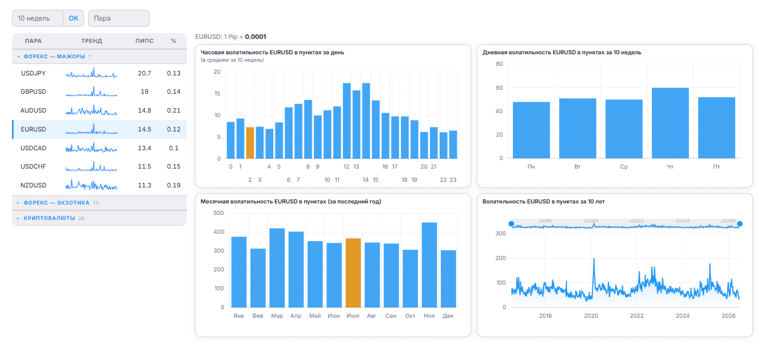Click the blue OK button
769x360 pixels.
pyautogui.click(x=73, y=18)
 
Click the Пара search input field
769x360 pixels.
pyautogui.click(x=119, y=18)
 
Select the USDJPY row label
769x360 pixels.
pyautogui.click(x=33, y=73)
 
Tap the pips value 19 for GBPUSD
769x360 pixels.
pyautogui.click(x=145, y=91)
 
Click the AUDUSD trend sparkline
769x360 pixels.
pyautogui.click(x=91, y=110)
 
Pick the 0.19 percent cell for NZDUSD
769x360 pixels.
pyautogui.click(x=174, y=185)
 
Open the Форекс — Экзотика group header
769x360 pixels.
pyautogui.click(x=56, y=203)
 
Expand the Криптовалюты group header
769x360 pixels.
pyautogui.click(x=49, y=218)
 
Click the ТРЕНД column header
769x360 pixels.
pyautogui.click(x=91, y=41)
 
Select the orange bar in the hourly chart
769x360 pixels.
pyautogui.click(x=250, y=143)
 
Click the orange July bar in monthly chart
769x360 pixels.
pyautogui.click(x=353, y=273)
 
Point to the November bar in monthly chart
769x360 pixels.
pyautogui.click(x=429, y=265)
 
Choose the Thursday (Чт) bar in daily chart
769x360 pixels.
pyautogui.click(x=670, y=123)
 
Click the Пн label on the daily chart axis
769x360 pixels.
pyautogui.click(x=531, y=167)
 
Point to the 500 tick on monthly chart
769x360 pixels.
pyautogui.click(x=218, y=213)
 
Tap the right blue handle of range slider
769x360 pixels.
pyautogui.click(x=740, y=224)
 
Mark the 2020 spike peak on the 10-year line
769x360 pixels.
pyautogui.click(x=594, y=259)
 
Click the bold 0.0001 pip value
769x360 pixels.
pyautogui.click(x=256, y=37)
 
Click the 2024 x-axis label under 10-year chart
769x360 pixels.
pyautogui.click(x=683, y=316)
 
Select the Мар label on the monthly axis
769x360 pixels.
pyautogui.click(x=277, y=316)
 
